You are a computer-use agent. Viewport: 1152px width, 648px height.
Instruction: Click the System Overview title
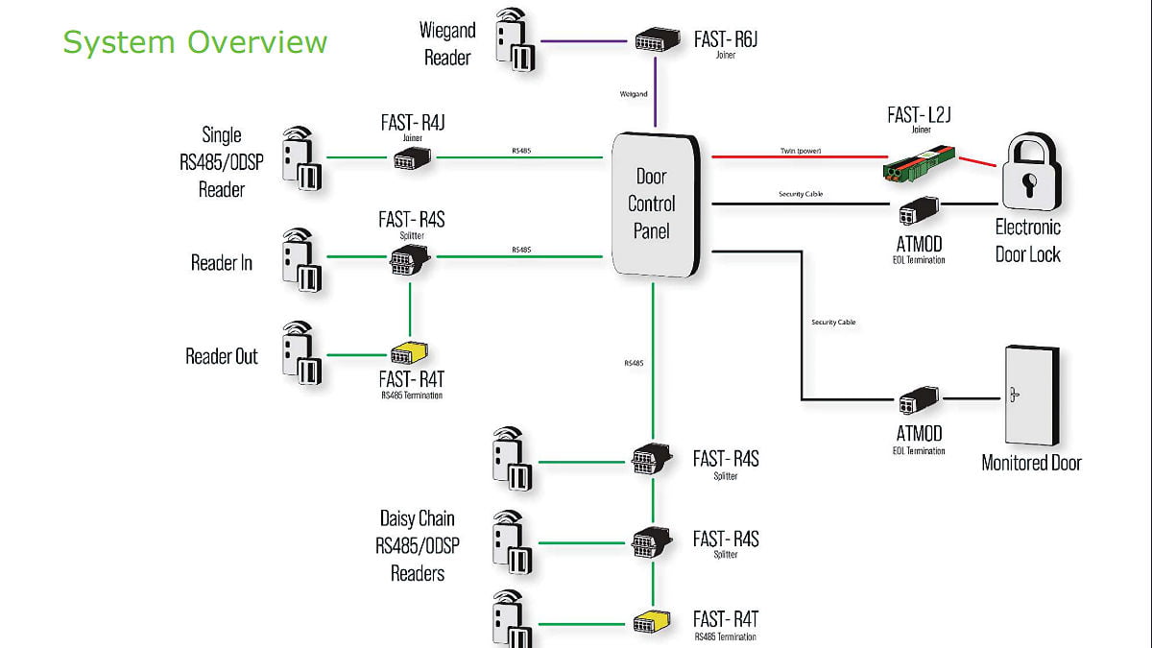click(x=195, y=42)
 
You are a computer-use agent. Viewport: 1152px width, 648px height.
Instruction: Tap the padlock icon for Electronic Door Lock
click(x=1030, y=173)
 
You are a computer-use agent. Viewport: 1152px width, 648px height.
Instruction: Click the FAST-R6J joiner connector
click(x=657, y=40)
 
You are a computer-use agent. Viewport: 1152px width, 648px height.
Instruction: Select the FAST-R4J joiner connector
click(x=413, y=158)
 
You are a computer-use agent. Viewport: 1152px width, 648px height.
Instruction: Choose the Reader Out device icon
click(x=301, y=354)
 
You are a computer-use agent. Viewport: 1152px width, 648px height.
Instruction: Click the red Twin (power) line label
click(x=800, y=151)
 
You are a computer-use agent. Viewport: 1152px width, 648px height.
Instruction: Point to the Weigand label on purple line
click(x=634, y=94)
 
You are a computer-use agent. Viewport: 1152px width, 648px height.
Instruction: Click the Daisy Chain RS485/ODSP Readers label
click(x=418, y=545)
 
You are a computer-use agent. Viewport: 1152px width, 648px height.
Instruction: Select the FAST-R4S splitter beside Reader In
click(x=410, y=258)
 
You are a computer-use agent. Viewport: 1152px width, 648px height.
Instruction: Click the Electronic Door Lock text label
click(x=1028, y=241)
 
